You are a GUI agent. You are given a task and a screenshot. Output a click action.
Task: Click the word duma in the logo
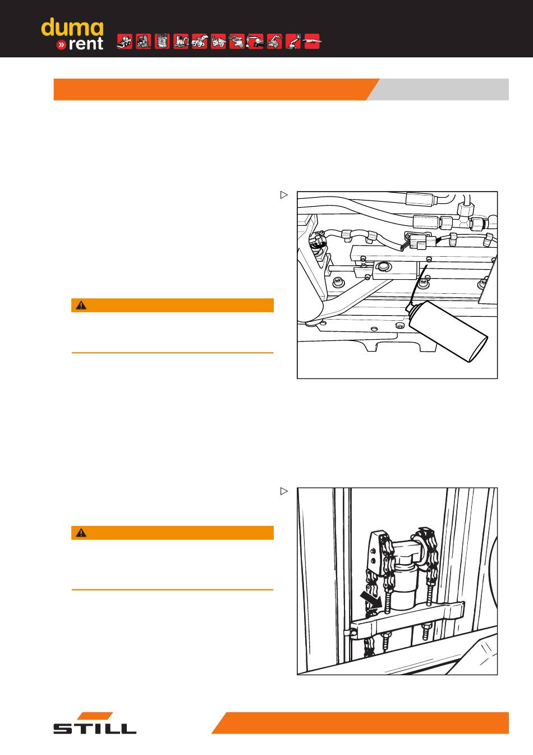(72, 28)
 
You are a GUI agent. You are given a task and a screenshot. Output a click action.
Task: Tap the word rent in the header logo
(86, 44)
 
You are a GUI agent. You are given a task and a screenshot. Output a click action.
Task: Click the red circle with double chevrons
(61, 44)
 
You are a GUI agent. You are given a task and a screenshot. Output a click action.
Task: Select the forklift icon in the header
(144, 42)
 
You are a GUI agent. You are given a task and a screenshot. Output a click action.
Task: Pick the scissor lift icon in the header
(162, 42)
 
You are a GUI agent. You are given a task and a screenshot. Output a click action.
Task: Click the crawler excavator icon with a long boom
(255, 42)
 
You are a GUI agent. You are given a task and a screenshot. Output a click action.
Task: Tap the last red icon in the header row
(311, 42)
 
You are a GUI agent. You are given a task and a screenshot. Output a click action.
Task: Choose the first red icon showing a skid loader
(125, 42)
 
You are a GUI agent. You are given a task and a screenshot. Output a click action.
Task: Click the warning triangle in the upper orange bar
(81, 306)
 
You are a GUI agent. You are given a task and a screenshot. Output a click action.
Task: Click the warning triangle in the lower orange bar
(81, 533)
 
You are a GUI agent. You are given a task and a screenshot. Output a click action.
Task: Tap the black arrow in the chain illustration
(370, 599)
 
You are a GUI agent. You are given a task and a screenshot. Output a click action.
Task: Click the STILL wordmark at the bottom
(95, 729)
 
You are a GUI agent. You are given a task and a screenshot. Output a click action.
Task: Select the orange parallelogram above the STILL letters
(95, 716)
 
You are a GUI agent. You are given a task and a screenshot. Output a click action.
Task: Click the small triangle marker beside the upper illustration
(284, 195)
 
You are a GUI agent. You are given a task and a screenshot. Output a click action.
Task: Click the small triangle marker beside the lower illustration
(284, 492)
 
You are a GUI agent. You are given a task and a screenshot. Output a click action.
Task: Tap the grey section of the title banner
(441, 89)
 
